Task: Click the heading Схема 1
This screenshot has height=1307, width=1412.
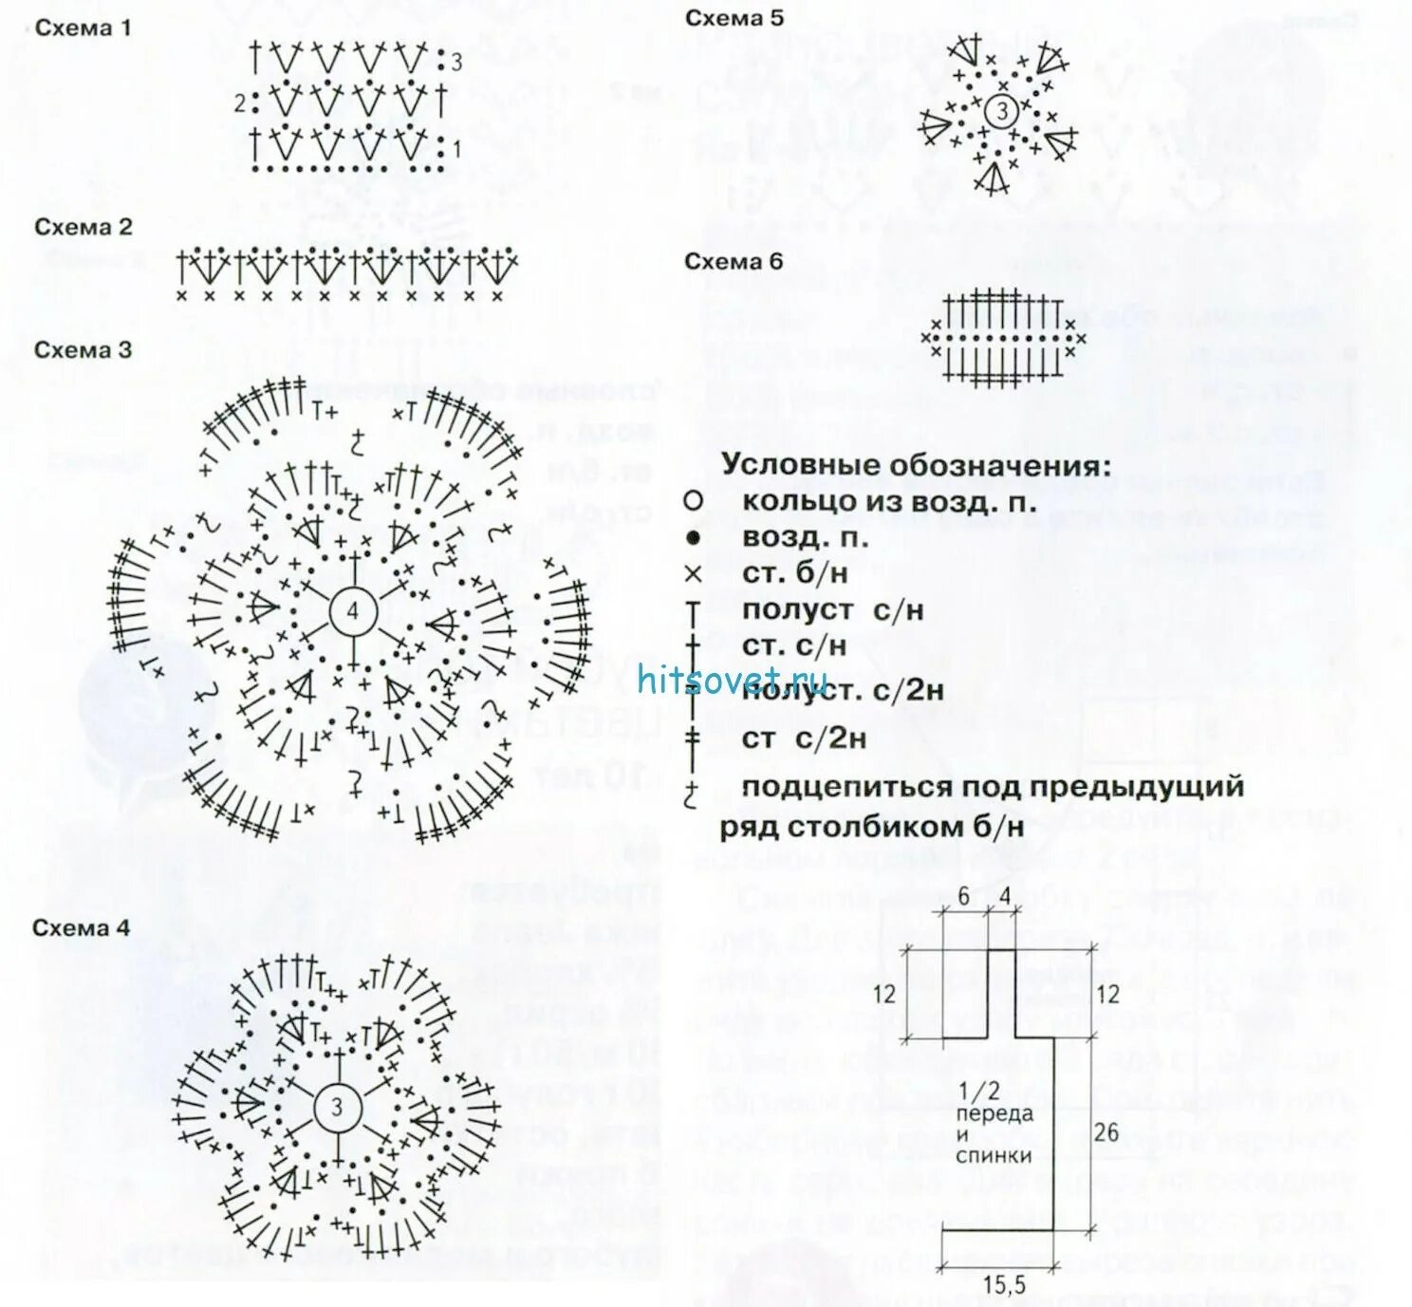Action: pos(83,28)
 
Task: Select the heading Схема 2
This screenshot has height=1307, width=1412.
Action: pos(84,228)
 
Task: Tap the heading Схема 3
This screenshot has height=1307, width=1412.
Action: pos(83,350)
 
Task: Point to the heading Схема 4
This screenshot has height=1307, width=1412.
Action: pos(81,928)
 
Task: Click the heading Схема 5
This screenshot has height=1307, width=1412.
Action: pos(734,18)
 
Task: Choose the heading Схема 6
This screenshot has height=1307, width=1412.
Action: pos(734,262)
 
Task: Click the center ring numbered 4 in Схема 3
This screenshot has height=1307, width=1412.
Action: pos(353,611)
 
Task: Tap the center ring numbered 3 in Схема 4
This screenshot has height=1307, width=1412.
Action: pos(337,1107)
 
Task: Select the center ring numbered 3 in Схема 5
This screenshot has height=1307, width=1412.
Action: pos(1001,111)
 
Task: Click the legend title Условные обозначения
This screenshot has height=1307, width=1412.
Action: pos(916,466)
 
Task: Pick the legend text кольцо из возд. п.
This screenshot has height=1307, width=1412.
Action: pos(889,501)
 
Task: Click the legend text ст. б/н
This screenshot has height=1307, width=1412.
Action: pos(794,574)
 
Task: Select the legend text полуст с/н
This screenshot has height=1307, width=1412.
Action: pos(832,610)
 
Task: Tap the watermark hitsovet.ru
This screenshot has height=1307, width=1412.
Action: pos(734,681)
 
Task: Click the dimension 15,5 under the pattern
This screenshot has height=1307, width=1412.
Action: pos(1003,1285)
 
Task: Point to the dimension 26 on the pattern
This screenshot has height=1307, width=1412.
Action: pos(1106,1131)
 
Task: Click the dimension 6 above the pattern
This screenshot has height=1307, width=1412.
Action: pos(963,897)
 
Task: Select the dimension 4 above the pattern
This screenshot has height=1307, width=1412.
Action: pos(1005,897)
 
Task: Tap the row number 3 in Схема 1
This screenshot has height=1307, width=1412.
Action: pos(456,63)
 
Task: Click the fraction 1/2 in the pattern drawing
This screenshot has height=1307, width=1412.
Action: pos(979,1092)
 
